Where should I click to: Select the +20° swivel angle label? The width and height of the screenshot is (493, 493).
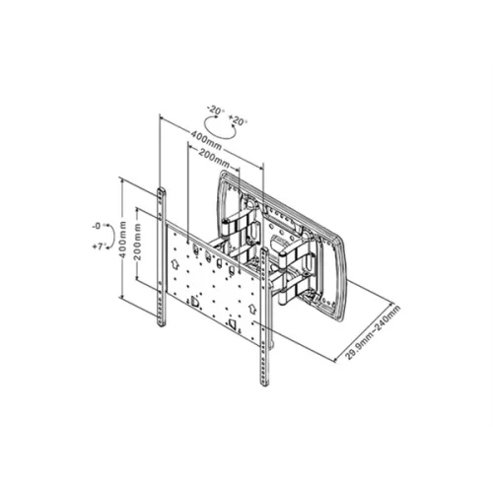pyautogui.click(x=238, y=120)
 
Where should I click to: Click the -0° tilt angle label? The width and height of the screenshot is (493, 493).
pyautogui.click(x=95, y=225)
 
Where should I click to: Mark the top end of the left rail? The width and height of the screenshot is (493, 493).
pyautogui.click(x=161, y=187)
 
